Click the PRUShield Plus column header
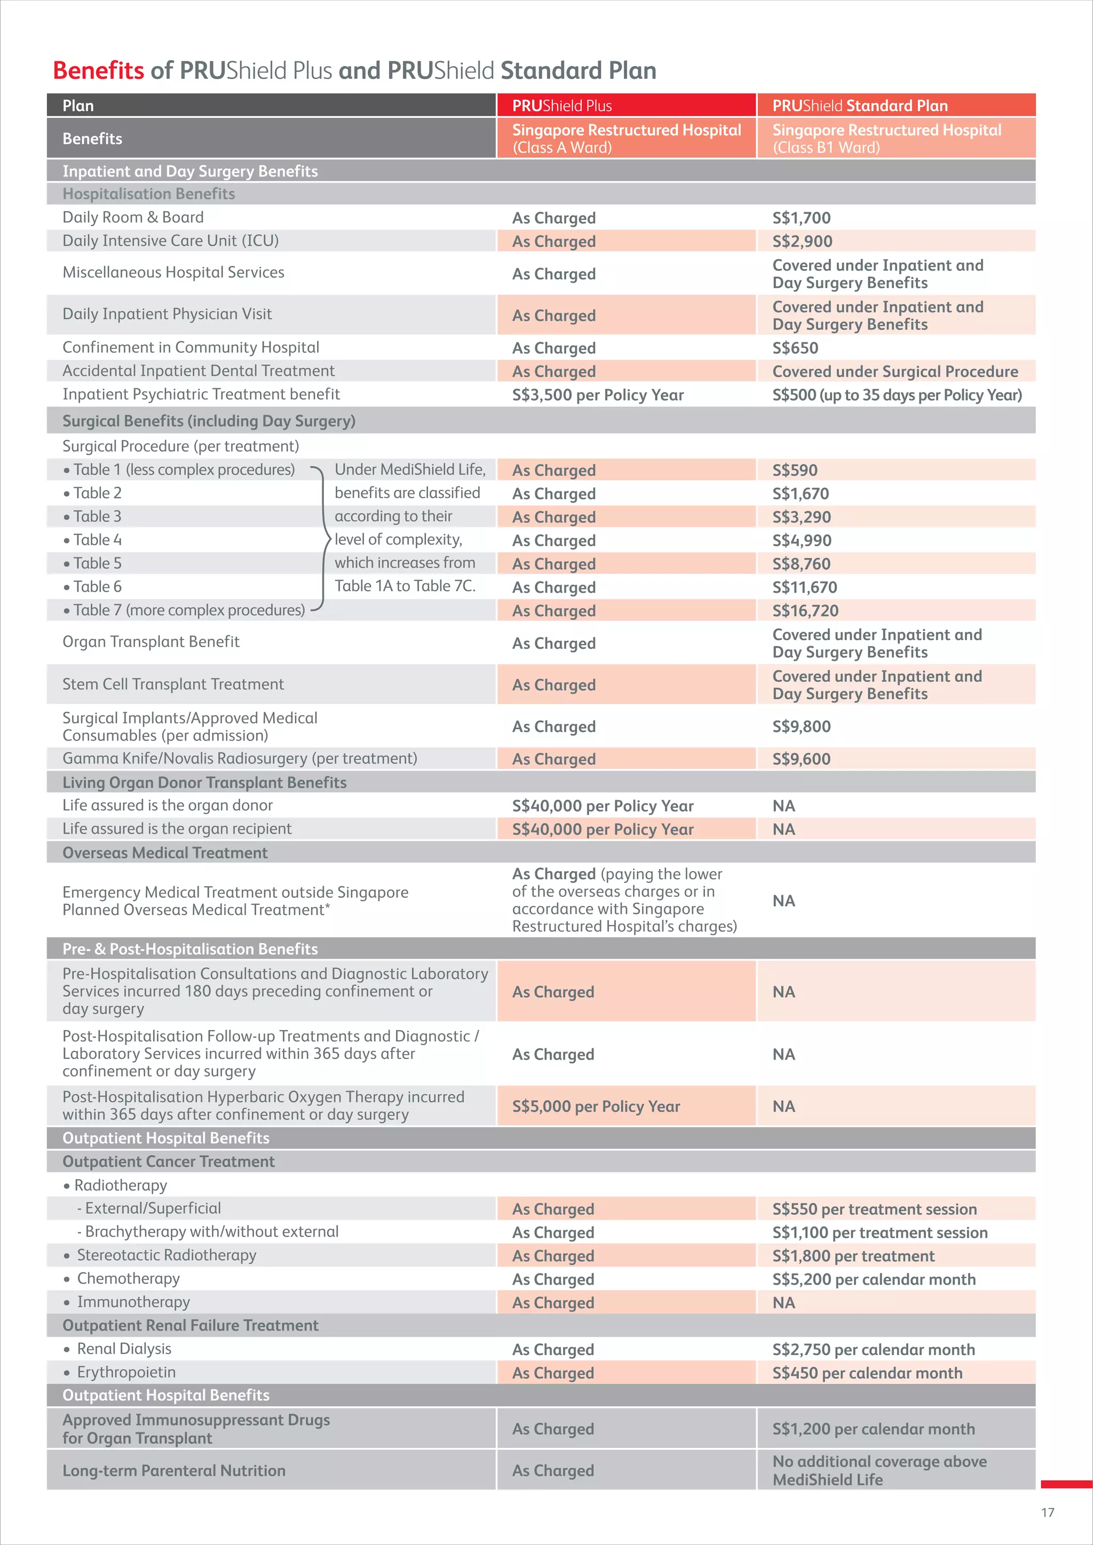click(561, 106)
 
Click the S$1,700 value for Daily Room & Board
click(801, 218)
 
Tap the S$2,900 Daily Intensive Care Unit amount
click(802, 241)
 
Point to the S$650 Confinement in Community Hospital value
click(795, 348)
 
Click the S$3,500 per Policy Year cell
click(597, 395)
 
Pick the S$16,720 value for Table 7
click(805, 610)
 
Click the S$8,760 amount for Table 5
click(801, 564)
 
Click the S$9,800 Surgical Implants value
click(801, 726)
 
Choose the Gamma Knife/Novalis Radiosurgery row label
click(240, 759)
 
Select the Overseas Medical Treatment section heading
click(165, 853)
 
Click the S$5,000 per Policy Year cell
click(596, 1106)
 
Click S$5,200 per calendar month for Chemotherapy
click(874, 1279)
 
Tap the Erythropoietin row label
click(126, 1372)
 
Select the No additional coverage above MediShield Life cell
click(879, 1470)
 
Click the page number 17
click(1047, 1512)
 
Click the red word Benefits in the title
click(98, 70)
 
